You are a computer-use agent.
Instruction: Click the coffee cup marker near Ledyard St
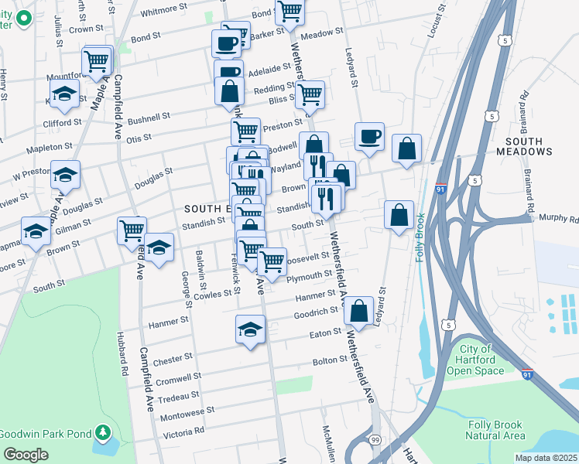[x=369, y=137]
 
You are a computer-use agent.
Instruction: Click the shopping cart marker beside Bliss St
[x=310, y=95]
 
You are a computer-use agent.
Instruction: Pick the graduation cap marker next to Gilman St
[x=36, y=231]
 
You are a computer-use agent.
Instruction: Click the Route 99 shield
[x=375, y=439]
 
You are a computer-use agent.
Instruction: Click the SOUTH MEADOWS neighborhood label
[x=529, y=146]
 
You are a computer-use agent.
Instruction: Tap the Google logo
[x=26, y=455]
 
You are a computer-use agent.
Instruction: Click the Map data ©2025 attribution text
[x=546, y=458]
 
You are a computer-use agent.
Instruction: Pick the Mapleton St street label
[x=49, y=145]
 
